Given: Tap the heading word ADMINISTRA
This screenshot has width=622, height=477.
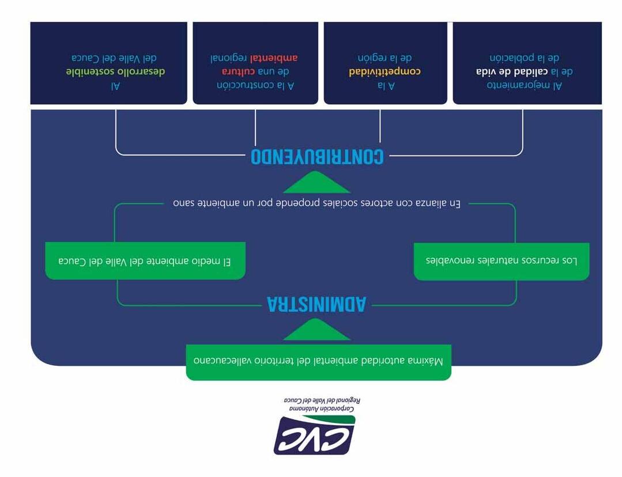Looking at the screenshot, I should click(x=316, y=304).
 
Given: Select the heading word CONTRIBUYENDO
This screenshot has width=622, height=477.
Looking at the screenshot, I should click(x=317, y=156).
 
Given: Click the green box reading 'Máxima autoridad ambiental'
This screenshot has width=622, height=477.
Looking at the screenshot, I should click(x=318, y=362).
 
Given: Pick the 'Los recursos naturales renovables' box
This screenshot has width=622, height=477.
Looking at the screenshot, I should click(x=501, y=260).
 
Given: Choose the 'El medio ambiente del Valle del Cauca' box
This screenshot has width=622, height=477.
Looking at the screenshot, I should click(x=145, y=261).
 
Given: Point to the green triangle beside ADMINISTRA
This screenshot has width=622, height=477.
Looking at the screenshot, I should click(x=316, y=330).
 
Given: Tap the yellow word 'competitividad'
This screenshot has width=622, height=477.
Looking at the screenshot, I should click(x=384, y=72).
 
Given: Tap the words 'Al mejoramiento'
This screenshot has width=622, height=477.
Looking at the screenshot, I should click(x=524, y=86).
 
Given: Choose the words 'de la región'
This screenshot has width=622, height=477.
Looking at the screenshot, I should click(x=384, y=58).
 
